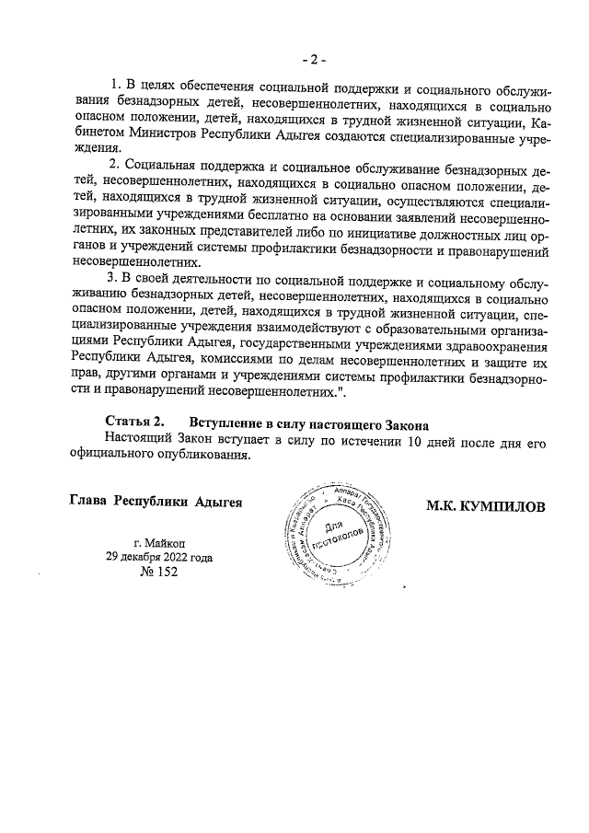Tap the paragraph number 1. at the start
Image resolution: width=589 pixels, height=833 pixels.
coord(115,86)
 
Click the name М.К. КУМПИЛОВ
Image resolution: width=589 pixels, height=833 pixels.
coord(487,506)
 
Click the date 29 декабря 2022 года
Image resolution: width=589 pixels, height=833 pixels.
coord(159,556)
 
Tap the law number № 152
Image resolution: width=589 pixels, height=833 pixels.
coord(158,572)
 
